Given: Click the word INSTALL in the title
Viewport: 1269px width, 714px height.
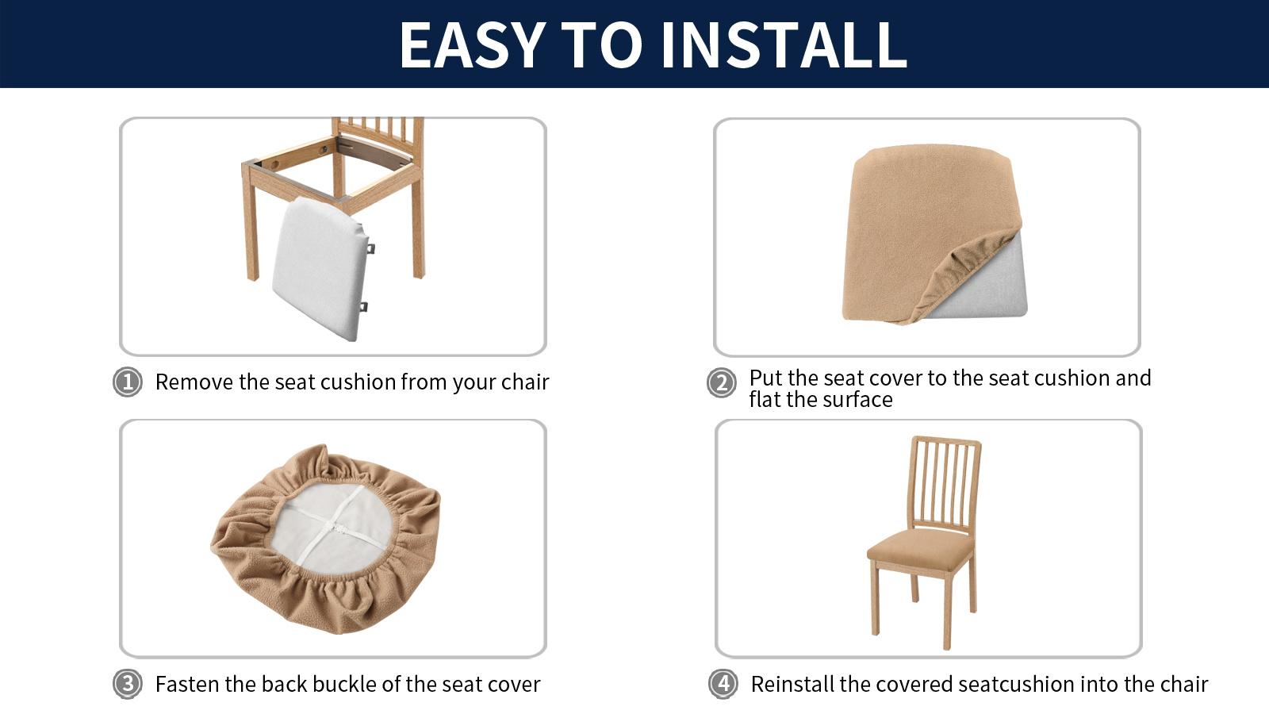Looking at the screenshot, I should tap(784, 45).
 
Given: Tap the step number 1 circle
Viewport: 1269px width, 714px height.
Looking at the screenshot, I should tap(128, 382).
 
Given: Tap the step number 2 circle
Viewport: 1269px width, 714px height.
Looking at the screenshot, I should tap(722, 383).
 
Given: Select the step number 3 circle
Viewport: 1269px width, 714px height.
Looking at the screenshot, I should tap(128, 683).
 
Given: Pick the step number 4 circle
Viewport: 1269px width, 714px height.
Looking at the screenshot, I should tap(723, 683).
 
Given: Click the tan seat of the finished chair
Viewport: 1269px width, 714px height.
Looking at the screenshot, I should tap(920, 546).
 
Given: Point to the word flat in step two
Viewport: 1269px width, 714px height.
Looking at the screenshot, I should tap(765, 400).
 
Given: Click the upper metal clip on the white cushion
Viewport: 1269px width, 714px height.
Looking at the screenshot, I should tap(370, 248).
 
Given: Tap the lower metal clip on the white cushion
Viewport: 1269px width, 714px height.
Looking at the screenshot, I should tap(364, 306).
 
